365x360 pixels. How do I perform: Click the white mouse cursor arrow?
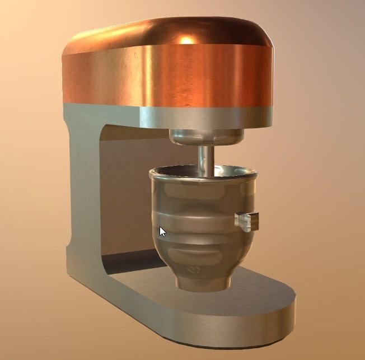coord(162,231)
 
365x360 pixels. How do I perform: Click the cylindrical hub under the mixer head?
coord(205,136)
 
